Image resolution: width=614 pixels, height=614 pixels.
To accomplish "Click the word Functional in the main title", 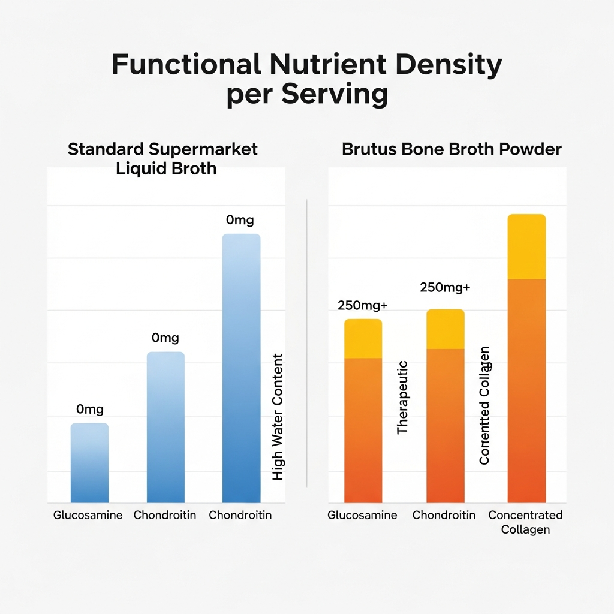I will point(186,64).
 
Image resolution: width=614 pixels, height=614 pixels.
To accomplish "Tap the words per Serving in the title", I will point(306,95).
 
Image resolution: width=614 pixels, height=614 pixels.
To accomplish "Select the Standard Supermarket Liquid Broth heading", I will point(162,158).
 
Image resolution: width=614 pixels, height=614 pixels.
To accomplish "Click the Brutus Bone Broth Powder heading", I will point(452,149).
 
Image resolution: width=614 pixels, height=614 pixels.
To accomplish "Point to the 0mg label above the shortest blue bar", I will point(90,410).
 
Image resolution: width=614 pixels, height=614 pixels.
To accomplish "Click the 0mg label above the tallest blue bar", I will point(240,220).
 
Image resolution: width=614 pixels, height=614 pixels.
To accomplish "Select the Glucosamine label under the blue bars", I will point(88,515).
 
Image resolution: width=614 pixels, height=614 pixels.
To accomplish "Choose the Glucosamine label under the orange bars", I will point(362,515).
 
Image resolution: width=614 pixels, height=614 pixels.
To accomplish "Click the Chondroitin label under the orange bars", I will point(444,515).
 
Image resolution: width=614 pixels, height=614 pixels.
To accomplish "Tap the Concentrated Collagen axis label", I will point(525,522).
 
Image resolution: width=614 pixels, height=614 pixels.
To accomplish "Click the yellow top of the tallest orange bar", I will point(526,247).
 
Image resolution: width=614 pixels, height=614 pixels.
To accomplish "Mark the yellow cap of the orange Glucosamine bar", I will point(363,339).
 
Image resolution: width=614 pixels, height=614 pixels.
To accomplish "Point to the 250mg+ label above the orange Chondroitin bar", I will point(445,287).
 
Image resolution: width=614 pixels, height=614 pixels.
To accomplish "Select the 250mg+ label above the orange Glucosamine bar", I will point(363,305).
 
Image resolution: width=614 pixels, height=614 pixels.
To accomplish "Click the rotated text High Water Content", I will point(278,417).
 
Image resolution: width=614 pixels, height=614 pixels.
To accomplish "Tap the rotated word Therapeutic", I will point(402,397).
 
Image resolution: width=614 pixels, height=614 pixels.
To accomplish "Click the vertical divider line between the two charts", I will point(306,342).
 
